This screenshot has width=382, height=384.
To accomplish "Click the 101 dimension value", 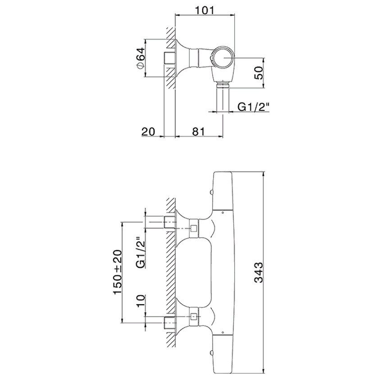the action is tap(205, 10).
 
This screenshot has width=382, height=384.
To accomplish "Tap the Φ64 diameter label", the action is tap(141, 59).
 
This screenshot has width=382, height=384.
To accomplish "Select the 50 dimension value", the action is tap(259, 73).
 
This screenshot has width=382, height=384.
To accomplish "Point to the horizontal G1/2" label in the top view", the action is tap(254, 107).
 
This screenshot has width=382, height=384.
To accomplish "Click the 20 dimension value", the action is tap(148, 132).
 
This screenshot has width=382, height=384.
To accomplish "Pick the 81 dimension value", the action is tap(198, 132).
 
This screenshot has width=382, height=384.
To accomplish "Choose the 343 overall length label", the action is tap(259, 272).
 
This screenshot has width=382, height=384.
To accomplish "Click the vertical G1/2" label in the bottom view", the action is tap(141, 252).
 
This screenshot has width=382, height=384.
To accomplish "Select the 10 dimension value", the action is tap(141, 301).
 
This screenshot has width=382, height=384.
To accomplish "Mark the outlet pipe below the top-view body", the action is tap(223, 97).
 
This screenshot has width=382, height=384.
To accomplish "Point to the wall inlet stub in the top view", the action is tap(169, 58).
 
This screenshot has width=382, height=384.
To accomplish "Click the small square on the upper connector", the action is tap(194, 228).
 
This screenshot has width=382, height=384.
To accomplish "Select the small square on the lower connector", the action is tap(194, 317).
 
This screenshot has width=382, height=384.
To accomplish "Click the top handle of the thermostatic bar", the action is tap(223, 190).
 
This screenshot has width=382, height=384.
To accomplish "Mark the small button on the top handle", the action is tap(211, 192).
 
